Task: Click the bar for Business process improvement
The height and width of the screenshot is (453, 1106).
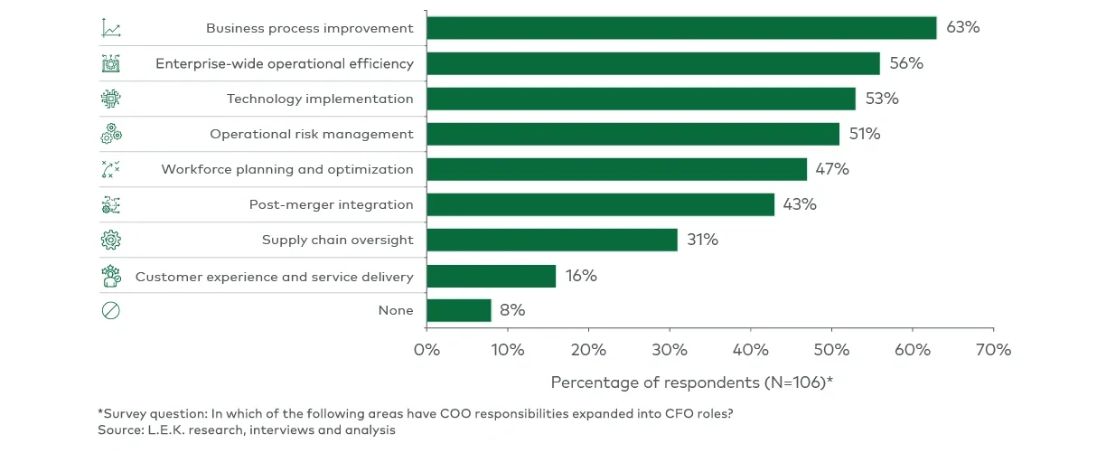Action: [681, 28]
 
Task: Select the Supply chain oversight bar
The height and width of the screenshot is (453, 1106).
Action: [551, 240]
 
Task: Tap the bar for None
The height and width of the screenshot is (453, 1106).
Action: [458, 310]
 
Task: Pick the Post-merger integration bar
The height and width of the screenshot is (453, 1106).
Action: [600, 204]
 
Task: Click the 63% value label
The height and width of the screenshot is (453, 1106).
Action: [962, 27]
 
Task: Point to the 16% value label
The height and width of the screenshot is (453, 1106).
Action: [581, 276]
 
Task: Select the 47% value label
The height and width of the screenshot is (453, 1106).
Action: [832, 169]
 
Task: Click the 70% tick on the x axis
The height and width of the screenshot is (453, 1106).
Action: [993, 350]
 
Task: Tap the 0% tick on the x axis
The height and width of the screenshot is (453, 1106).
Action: [426, 350]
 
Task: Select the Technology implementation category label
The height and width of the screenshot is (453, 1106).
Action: [320, 99]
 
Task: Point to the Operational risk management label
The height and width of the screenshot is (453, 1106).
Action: [312, 134]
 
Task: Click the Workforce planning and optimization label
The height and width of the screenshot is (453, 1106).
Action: [287, 169]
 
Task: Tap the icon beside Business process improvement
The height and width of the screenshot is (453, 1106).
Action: [111, 28]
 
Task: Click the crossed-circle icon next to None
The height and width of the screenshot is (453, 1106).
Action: [110, 310]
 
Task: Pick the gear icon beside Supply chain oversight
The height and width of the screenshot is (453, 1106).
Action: [110, 240]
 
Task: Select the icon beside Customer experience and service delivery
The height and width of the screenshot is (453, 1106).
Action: [110, 276]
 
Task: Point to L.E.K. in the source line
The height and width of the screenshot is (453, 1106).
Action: [164, 430]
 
